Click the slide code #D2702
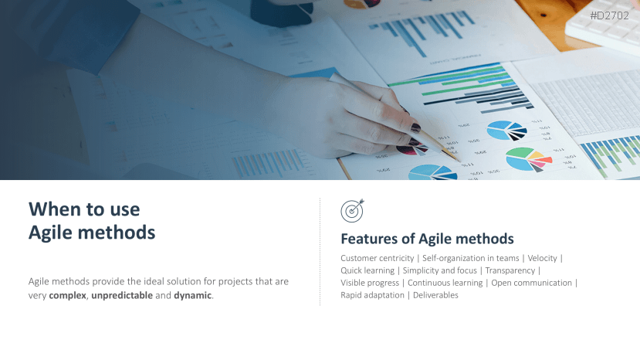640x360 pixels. [x=609, y=16]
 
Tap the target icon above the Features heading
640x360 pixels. [x=352, y=211]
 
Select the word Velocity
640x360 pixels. [x=542, y=258]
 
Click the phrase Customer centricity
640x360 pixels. [x=378, y=258]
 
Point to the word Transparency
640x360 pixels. [x=510, y=270]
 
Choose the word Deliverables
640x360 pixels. [x=435, y=295]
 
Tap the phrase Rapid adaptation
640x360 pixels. [x=372, y=295]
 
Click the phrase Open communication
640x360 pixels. [x=531, y=283]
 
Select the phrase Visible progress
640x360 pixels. [x=370, y=283]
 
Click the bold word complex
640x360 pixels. [x=67, y=295]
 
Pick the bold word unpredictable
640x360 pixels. [x=122, y=295]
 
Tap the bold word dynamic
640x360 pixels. [x=193, y=295]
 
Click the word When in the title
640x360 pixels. [x=53, y=209]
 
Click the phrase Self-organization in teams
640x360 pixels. [x=471, y=258]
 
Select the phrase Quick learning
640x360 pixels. [x=367, y=270]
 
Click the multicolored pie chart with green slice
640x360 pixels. [x=528, y=159]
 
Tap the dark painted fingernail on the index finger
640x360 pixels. [x=415, y=128]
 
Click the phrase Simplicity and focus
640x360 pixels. [x=439, y=270]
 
